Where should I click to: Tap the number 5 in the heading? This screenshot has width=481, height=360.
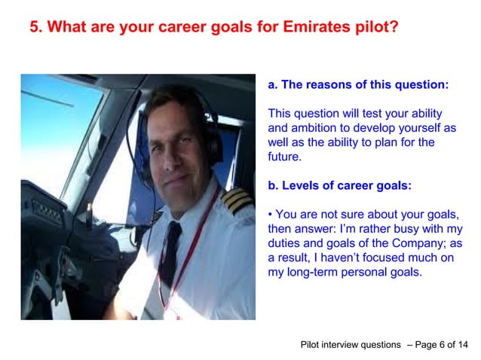pos(34,28)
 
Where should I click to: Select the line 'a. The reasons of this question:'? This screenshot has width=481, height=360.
pos(358,85)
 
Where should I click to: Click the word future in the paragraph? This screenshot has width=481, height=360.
pos(283,157)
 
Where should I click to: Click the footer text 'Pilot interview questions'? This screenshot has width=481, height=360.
pos(351,345)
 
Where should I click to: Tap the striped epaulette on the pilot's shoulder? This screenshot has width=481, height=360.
pos(237,201)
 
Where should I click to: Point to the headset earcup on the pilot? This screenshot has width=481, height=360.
pos(213,147)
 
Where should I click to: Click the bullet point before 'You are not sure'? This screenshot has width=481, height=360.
pos(271,215)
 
